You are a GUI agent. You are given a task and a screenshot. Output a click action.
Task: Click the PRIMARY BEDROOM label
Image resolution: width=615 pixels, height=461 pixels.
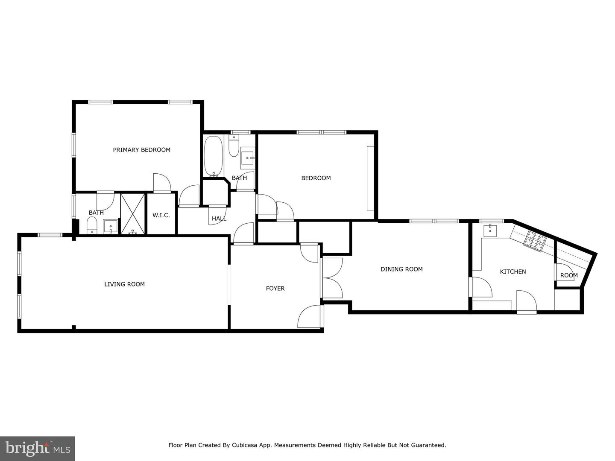141,150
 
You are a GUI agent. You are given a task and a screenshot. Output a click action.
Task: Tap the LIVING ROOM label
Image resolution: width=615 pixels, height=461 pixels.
124,284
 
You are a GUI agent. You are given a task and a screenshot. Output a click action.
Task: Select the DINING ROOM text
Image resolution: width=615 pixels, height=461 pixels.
401,269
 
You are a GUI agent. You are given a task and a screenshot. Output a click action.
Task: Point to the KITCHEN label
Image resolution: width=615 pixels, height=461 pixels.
513,272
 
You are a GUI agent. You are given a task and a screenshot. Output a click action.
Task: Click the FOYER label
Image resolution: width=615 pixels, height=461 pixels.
275,289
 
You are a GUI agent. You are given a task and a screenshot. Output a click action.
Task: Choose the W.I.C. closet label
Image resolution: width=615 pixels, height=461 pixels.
161,216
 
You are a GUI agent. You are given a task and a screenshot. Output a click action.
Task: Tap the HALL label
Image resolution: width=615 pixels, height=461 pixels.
219,219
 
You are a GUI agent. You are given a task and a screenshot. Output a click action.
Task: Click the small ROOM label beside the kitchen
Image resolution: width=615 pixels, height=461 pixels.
569,275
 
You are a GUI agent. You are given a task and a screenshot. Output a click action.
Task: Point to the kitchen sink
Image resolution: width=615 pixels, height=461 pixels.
490,231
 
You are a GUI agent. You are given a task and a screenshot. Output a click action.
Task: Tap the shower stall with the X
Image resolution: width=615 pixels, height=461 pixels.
133,214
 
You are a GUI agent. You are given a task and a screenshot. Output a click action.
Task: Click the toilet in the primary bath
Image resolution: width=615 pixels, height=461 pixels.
92,225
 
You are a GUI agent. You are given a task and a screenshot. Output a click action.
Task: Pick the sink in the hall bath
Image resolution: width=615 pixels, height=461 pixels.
247,158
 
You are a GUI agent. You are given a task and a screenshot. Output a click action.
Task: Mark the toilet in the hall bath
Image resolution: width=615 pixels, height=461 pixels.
234,146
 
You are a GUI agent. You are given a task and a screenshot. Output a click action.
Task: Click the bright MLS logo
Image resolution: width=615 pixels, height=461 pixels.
38,448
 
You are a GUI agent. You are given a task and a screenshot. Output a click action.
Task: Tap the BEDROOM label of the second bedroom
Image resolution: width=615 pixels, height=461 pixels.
316,178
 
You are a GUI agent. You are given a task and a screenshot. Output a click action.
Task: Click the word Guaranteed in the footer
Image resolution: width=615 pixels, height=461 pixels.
429,445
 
